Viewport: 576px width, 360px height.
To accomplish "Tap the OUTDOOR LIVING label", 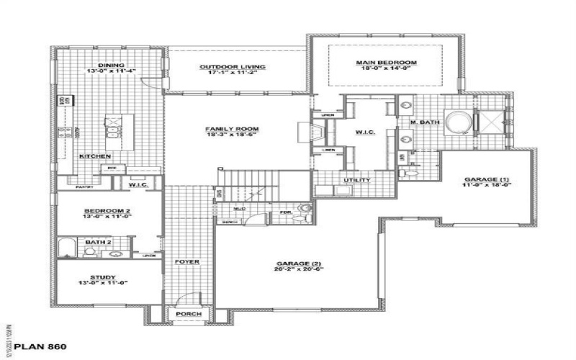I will pyautogui.click(x=233, y=67).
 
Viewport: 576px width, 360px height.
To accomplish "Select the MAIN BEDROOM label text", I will pyautogui.click(x=386, y=63).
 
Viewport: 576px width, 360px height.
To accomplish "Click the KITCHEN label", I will pyautogui.click(x=95, y=156).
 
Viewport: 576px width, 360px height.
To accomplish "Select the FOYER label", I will pyautogui.click(x=188, y=261).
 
